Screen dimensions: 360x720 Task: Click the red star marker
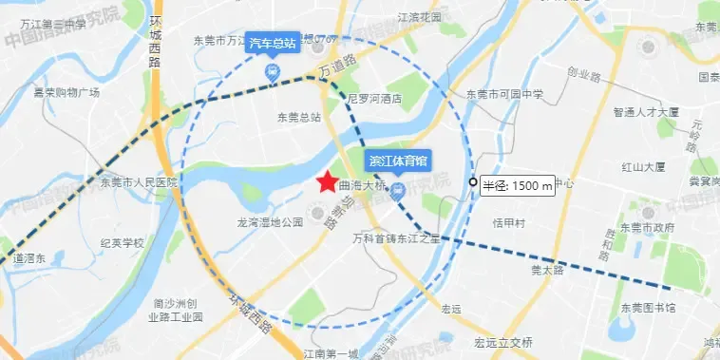coord(326,181)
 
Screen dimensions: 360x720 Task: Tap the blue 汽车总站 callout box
coord(273,44)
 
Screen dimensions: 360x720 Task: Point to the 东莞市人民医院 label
coord(138,181)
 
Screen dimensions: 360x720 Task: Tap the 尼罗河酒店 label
coord(376,99)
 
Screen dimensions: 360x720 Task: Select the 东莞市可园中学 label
coord(504,94)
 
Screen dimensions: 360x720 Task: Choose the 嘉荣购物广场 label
coord(67,92)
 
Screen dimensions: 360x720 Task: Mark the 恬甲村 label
coord(510,223)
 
